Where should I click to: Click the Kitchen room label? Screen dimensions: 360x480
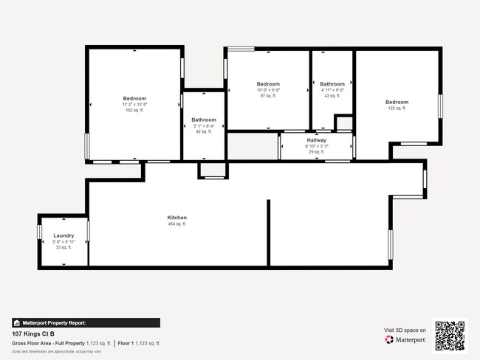pyautogui.click(x=177, y=218)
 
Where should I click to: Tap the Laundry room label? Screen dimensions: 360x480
pyautogui.click(x=64, y=235)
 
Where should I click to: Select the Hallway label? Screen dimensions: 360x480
pyautogui.click(x=316, y=140)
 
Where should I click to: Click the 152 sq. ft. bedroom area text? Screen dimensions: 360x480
pyautogui.click(x=134, y=111)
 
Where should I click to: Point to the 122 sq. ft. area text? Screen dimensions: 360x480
pyautogui.click(x=397, y=108)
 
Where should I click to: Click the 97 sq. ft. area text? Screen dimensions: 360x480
pyautogui.click(x=268, y=96)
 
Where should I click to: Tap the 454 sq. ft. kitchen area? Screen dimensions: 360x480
pyautogui.click(x=177, y=224)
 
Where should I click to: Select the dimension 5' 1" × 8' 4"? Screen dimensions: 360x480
pyautogui.click(x=204, y=126)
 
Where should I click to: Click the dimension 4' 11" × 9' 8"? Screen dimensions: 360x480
pyautogui.click(x=332, y=90)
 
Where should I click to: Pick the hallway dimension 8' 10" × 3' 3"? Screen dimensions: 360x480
pyautogui.click(x=316, y=146)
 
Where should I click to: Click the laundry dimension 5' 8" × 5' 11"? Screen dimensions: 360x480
pyautogui.click(x=64, y=241)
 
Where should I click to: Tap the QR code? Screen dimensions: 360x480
pyautogui.click(x=450, y=336)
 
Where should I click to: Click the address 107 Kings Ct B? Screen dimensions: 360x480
pyautogui.click(x=33, y=333)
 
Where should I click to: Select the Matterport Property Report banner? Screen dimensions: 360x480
pyautogui.click(x=86, y=322)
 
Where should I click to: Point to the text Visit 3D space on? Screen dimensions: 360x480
pyautogui.click(x=405, y=330)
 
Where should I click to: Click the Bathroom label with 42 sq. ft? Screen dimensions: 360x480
pyautogui.click(x=204, y=120)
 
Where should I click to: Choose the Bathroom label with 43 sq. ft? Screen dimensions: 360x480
pyautogui.click(x=332, y=84)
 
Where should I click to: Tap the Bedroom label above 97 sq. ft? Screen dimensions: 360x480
pyautogui.click(x=268, y=84)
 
